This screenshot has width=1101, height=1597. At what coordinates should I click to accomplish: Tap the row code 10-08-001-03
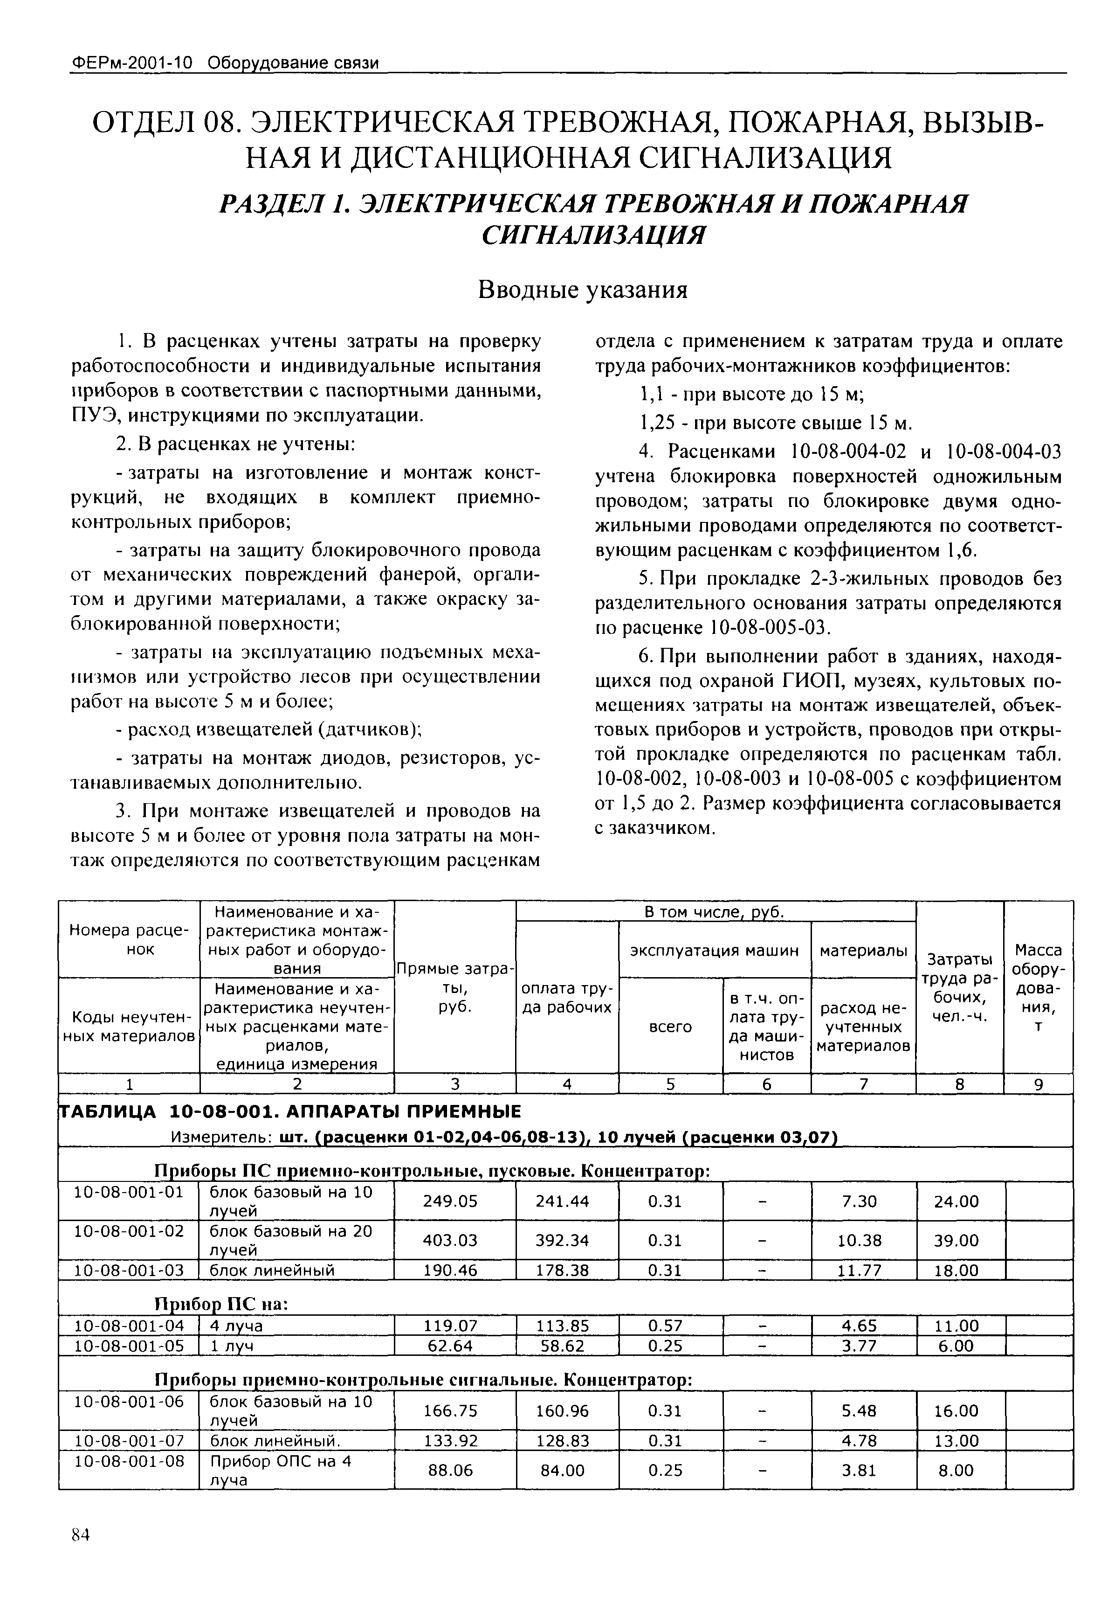click(129, 1271)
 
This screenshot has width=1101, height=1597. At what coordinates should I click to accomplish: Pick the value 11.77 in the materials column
click(859, 1271)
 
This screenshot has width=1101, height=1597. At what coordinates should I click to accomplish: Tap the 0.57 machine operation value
click(666, 1326)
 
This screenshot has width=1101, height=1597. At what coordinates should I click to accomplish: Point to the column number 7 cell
click(863, 1084)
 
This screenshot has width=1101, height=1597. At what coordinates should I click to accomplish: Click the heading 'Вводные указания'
click(583, 290)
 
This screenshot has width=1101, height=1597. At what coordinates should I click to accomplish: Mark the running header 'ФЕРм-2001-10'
click(131, 63)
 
